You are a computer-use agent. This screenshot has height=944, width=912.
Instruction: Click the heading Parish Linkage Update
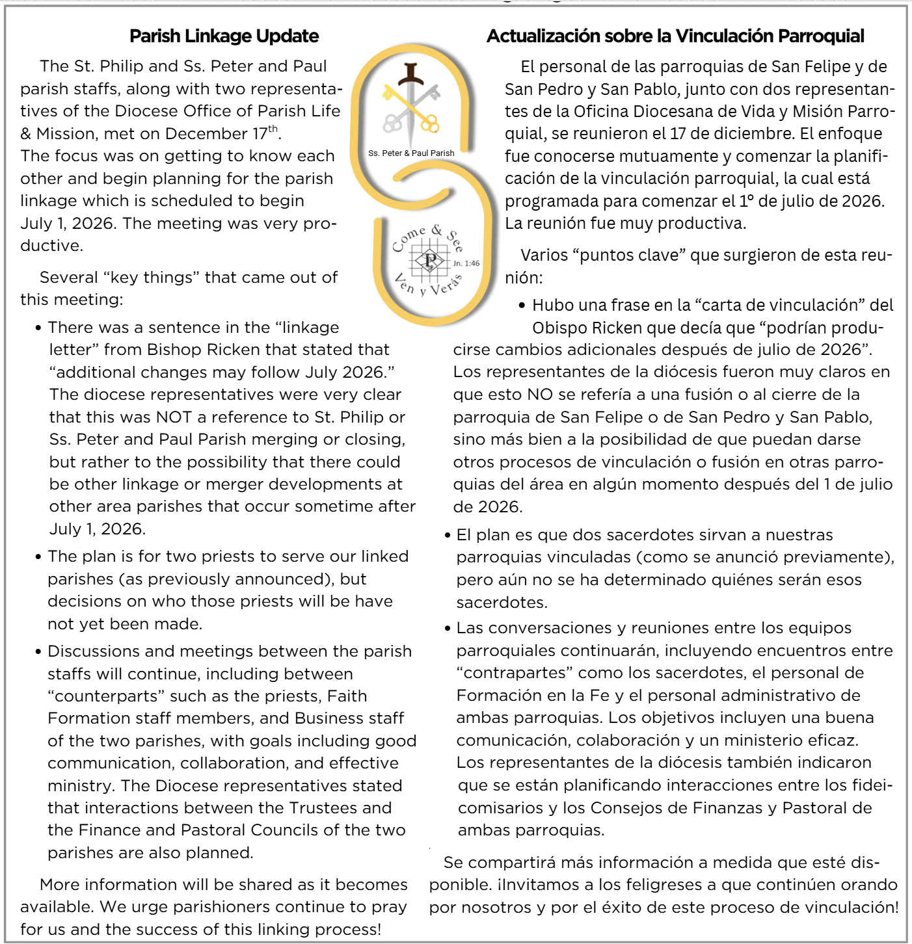(224, 36)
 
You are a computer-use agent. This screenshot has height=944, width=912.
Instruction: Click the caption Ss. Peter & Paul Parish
(411, 153)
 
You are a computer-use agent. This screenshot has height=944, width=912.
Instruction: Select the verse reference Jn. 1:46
(466, 263)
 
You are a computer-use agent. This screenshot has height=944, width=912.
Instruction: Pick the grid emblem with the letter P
(429, 260)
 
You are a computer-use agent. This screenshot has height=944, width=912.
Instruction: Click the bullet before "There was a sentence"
(39, 328)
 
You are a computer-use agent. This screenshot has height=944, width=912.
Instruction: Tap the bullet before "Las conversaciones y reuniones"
(448, 629)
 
